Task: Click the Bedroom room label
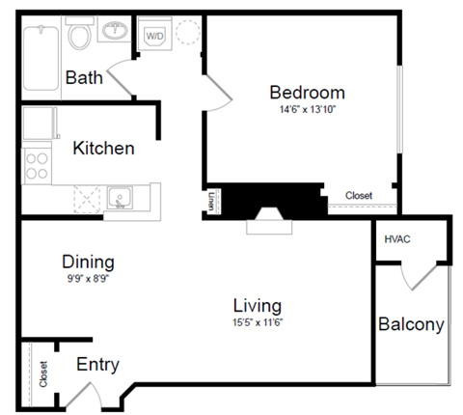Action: tap(307, 93)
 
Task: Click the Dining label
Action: tap(88, 262)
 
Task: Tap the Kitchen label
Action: tap(103, 149)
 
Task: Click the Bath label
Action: tap(84, 77)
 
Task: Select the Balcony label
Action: tap(411, 324)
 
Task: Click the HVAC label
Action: tap(397, 239)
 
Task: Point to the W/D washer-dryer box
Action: tap(154, 36)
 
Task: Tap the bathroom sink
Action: tap(115, 30)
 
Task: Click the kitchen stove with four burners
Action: tap(37, 165)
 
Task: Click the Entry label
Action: tap(97, 364)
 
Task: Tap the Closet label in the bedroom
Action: tap(359, 196)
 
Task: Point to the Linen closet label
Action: tap(211, 201)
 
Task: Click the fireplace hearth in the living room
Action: tap(268, 226)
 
